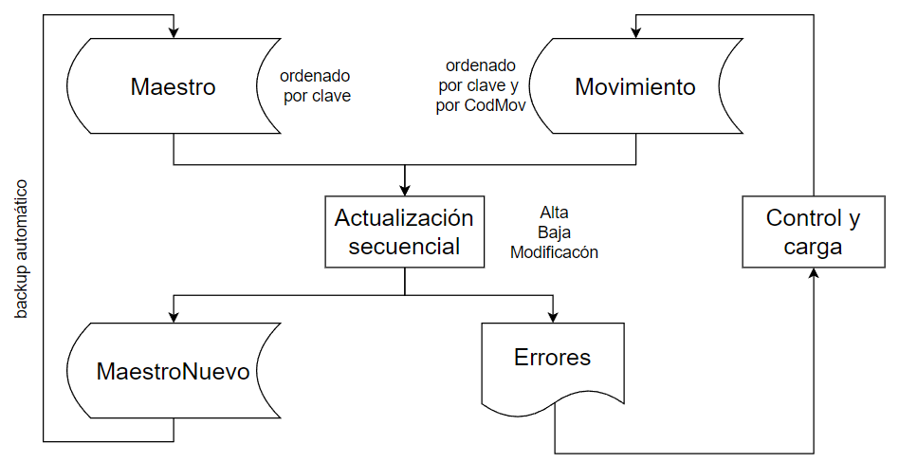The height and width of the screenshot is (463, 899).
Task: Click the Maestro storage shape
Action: pos(174,86)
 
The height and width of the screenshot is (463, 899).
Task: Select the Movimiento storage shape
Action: pos(635,86)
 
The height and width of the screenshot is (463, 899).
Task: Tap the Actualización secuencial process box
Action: pos(405,231)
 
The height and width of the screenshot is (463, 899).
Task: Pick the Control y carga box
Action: pos(814,231)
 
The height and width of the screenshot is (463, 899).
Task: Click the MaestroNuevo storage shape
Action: pos(174,371)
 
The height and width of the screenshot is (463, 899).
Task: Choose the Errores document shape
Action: pos(553,367)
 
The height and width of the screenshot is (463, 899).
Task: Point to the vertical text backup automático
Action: pos(21,249)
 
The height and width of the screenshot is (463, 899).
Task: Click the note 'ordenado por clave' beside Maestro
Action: pos(316,86)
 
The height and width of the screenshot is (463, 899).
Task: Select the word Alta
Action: pos(555,213)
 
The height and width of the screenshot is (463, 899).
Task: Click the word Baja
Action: pos(555,232)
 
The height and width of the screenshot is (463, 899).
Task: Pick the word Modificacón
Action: pos(555,252)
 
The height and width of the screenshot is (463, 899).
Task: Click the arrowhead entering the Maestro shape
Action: pos(174,33)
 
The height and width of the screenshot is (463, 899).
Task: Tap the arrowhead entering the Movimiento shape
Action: pos(635,33)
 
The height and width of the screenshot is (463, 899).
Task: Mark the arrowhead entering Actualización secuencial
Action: pos(405,191)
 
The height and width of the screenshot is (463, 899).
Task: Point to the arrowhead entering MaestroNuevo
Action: pos(174,317)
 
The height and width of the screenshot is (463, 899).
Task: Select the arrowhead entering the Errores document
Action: pos(553,317)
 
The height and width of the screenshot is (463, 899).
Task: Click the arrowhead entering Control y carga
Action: pos(814,273)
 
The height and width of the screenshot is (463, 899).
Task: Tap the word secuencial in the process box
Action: pos(405,247)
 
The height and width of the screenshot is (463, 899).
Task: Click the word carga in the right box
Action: pos(813,248)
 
